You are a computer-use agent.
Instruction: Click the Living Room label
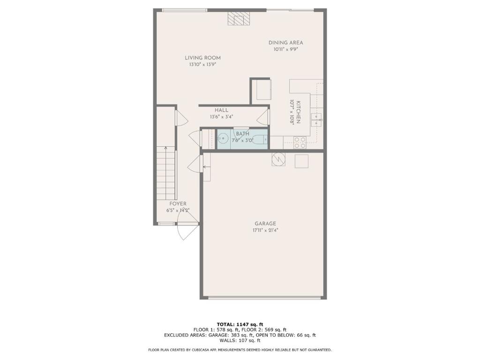click(202, 58)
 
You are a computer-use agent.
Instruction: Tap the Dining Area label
click(285, 43)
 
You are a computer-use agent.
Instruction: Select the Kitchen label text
click(298, 112)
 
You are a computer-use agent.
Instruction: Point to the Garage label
click(265, 224)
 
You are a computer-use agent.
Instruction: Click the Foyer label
click(178, 204)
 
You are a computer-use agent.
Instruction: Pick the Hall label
click(221, 110)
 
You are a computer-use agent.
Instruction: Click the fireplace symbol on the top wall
click(239, 19)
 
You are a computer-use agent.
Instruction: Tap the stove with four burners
click(300, 142)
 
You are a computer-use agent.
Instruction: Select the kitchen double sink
click(316, 120)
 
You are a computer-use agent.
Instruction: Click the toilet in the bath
click(261, 140)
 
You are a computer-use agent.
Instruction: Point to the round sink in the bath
click(223, 139)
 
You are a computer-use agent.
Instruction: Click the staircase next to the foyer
click(166, 173)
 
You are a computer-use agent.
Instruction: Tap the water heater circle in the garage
click(278, 159)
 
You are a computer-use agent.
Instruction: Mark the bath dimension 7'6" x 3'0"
click(242, 141)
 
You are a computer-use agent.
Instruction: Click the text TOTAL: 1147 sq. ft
click(240, 324)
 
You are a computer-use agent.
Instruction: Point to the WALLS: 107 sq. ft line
click(240, 340)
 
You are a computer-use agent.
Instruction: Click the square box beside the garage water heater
click(301, 161)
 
